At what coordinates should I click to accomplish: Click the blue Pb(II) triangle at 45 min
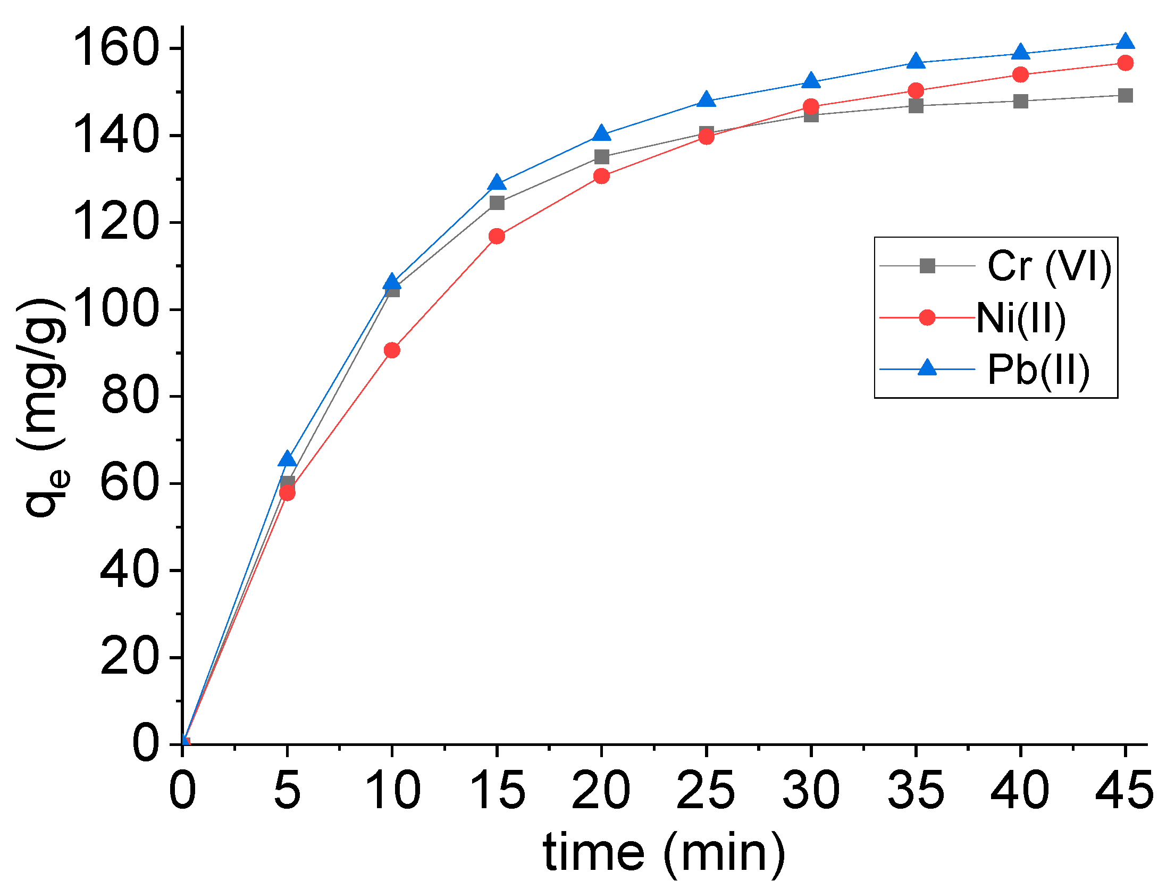pyautogui.click(x=1125, y=42)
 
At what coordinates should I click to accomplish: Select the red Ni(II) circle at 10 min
pyautogui.click(x=392, y=350)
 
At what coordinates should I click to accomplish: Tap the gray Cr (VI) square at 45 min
pyautogui.click(x=1125, y=96)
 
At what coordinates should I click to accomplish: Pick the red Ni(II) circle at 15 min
pyautogui.click(x=497, y=236)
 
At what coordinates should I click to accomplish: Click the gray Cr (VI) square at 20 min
pyautogui.click(x=601, y=157)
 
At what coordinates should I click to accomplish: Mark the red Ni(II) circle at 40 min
pyautogui.click(x=1020, y=74)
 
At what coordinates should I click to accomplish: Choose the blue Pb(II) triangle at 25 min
pyautogui.click(x=706, y=100)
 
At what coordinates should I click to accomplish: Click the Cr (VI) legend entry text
pyautogui.click(x=1049, y=266)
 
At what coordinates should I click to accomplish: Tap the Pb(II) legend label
pyautogui.click(x=1038, y=369)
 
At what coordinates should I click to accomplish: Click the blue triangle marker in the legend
pyautogui.click(x=927, y=368)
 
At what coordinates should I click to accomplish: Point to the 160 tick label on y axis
pyautogui.click(x=116, y=49)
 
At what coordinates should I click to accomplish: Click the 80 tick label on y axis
pyautogui.click(x=129, y=397)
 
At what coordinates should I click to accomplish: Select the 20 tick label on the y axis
pyautogui.click(x=129, y=658)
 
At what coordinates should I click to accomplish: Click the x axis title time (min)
pyautogui.click(x=664, y=853)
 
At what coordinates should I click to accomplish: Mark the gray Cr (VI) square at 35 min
pyautogui.click(x=916, y=106)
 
